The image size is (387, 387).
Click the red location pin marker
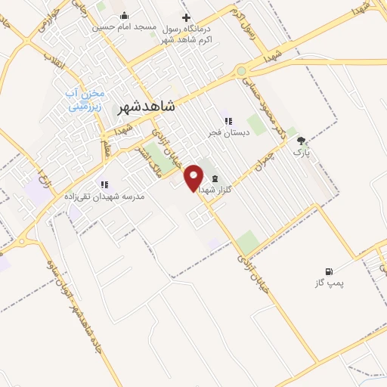[x=194, y=176]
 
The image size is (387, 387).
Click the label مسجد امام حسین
[x=125, y=27]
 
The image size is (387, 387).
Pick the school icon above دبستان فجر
[x=226, y=120]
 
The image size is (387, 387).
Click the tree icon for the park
[x=302, y=141]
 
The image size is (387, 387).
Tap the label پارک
[x=302, y=151]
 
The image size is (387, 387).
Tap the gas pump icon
[x=329, y=271]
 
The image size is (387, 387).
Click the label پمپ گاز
[x=329, y=283]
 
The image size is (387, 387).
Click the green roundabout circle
[x=241, y=71]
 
